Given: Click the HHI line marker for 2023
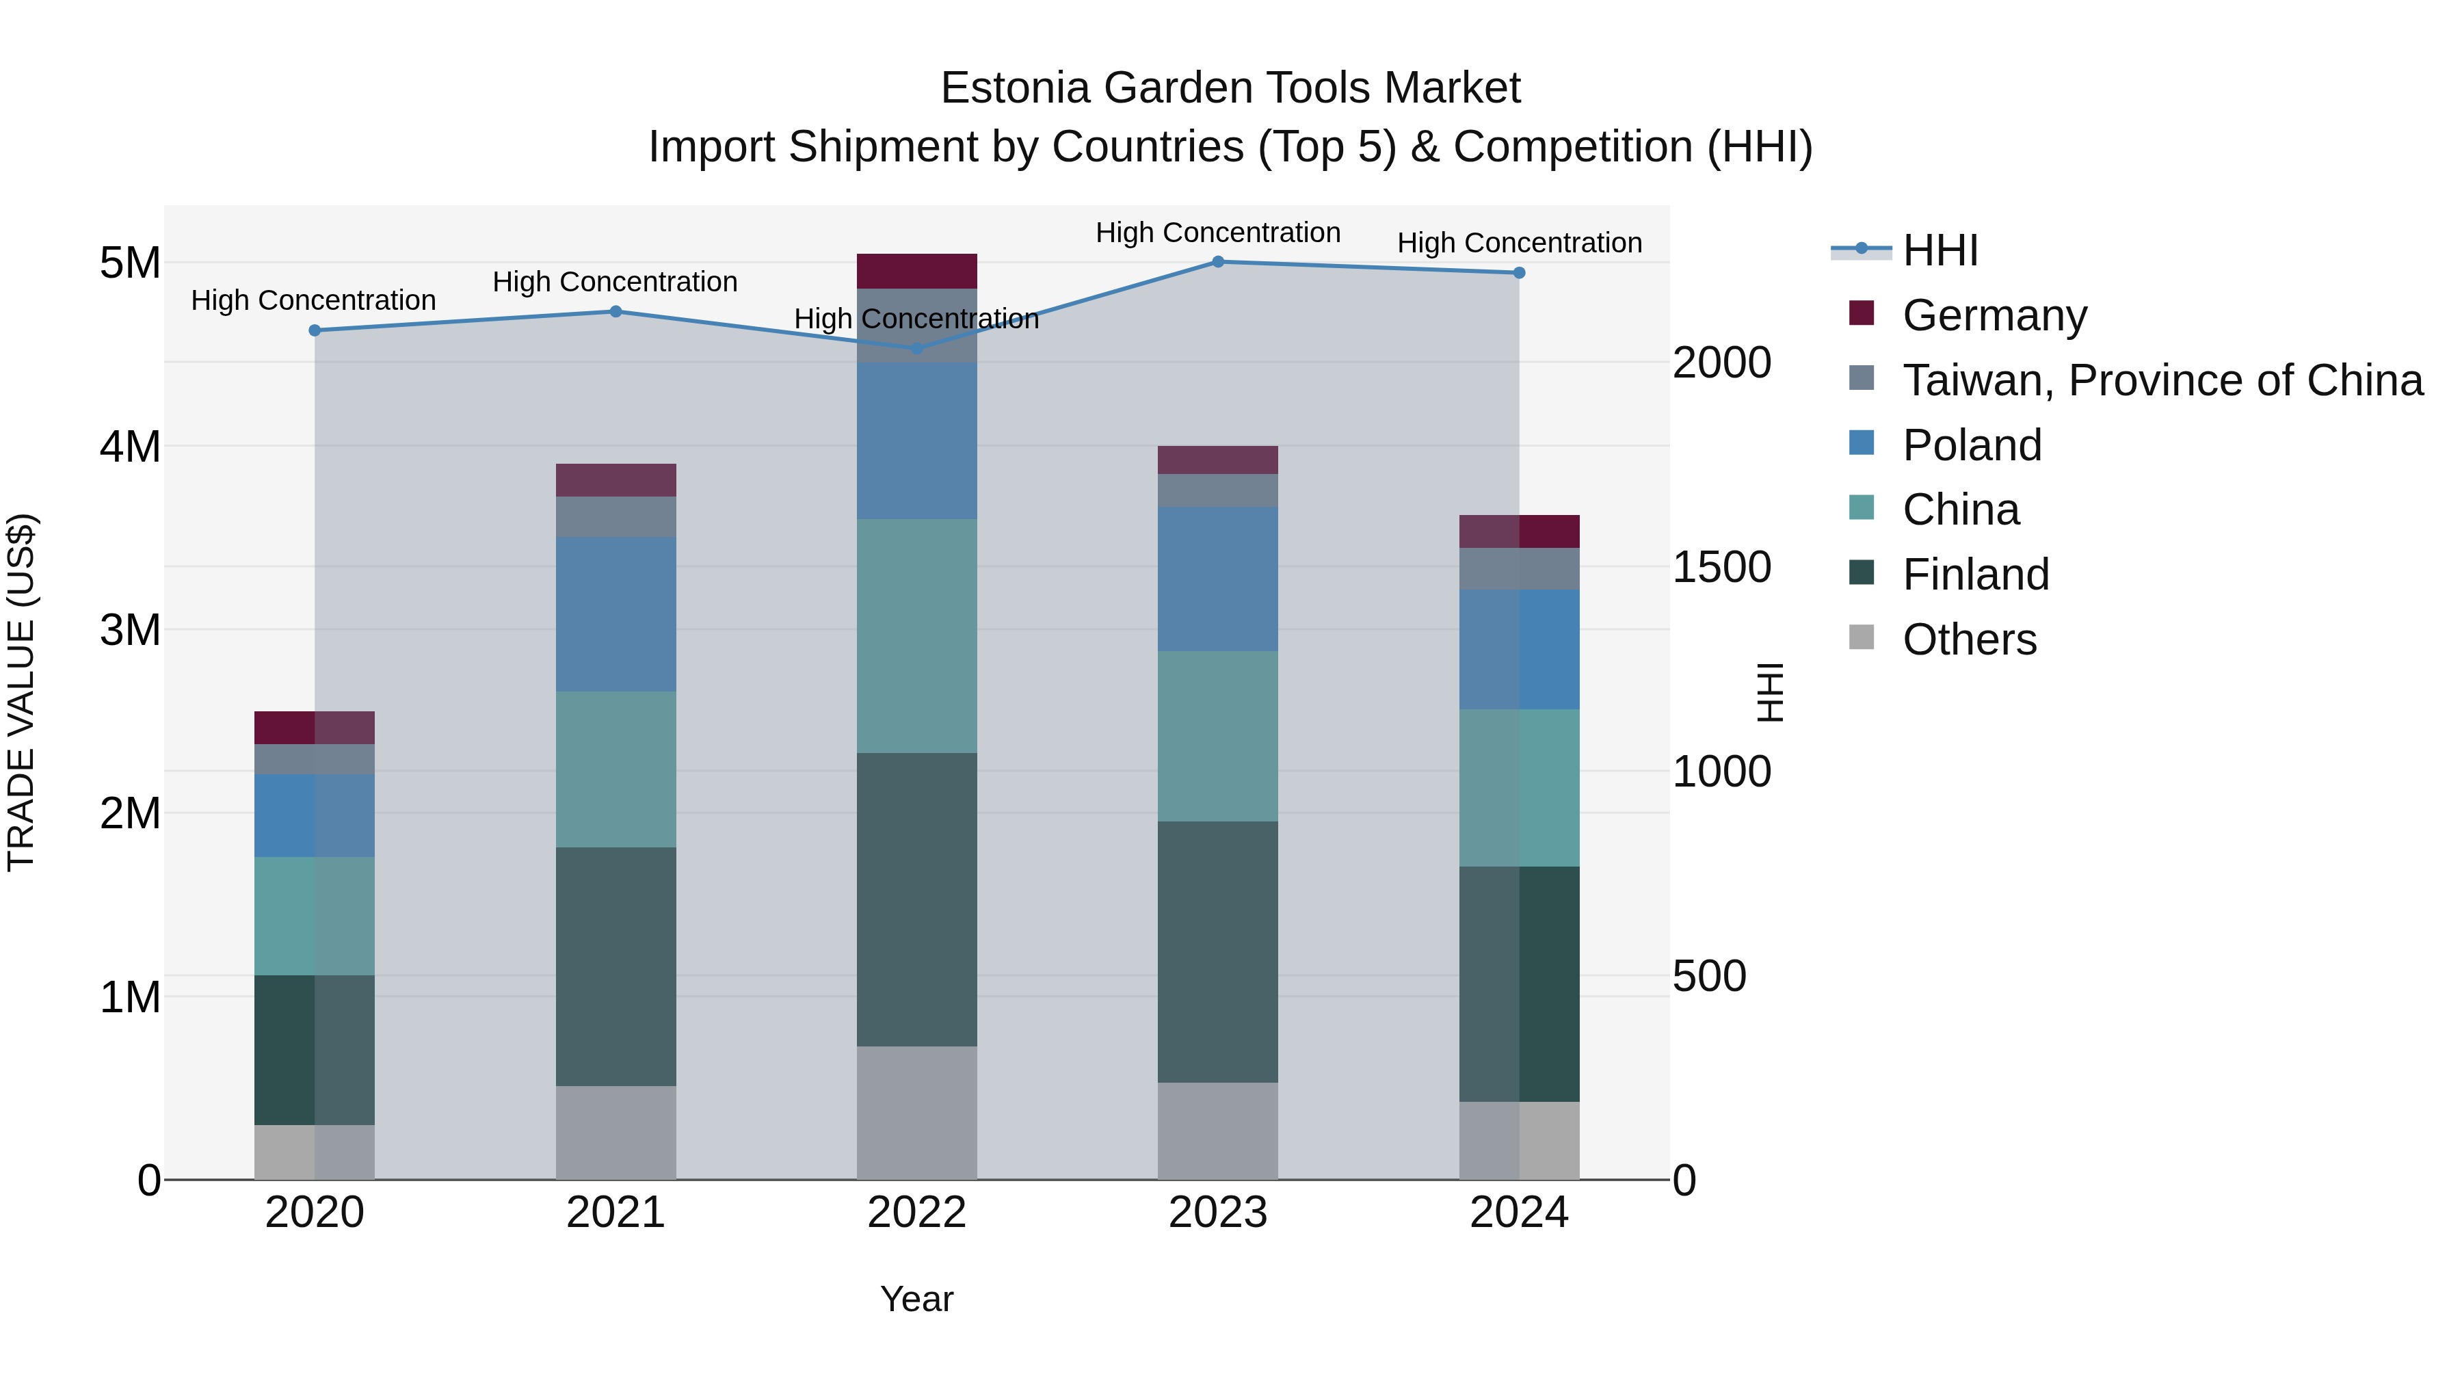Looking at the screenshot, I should [1217, 261].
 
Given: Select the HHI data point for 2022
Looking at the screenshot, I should [916, 349].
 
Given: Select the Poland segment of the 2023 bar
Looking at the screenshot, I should [1217, 579].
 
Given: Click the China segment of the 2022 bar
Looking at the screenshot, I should [916, 635].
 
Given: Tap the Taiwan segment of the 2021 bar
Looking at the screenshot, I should [615, 517].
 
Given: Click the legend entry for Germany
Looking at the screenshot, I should [1994, 315].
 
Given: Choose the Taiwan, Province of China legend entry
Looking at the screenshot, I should [2162, 380].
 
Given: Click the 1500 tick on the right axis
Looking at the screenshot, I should [1721, 568].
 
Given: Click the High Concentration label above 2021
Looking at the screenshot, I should [615, 282].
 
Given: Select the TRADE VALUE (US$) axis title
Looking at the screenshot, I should [22, 692].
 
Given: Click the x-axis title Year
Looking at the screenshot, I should [916, 1299].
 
